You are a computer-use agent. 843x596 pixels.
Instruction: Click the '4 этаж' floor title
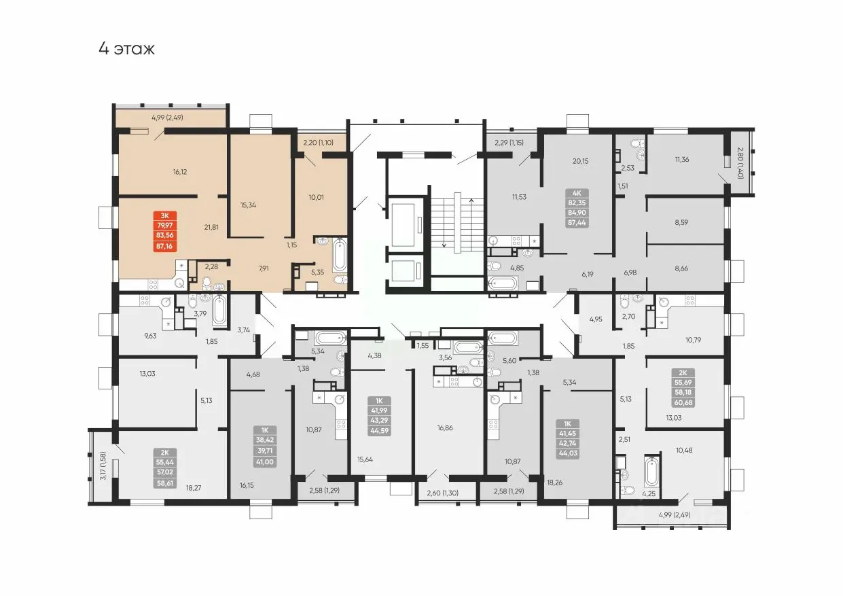click(126, 49)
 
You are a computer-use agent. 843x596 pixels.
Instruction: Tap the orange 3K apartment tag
click(165, 231)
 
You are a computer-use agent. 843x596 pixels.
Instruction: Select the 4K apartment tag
click(577, 208)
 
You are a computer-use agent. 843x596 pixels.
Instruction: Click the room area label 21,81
click(211, 227)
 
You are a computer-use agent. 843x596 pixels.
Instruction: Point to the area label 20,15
click(580, 161)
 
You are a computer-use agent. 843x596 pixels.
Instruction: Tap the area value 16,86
click(445, 427)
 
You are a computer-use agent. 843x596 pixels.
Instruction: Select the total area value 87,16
click(165, 246)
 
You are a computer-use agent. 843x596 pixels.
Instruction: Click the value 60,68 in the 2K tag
click(683, 402)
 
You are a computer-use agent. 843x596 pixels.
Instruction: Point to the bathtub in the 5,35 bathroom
click(340, 255)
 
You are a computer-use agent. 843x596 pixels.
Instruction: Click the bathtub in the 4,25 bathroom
click(651, 472)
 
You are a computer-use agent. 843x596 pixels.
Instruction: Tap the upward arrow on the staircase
click(471, 222)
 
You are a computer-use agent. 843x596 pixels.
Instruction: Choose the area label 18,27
click(194, 487)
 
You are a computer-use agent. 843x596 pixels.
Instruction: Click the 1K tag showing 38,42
click(265, 446)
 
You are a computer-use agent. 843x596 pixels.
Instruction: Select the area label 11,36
click(682, 159)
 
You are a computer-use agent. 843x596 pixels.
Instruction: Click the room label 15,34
click(248, 205)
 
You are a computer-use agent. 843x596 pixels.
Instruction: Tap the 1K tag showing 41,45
click(567, 438)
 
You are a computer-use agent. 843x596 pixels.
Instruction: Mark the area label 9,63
click(150, 336)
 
